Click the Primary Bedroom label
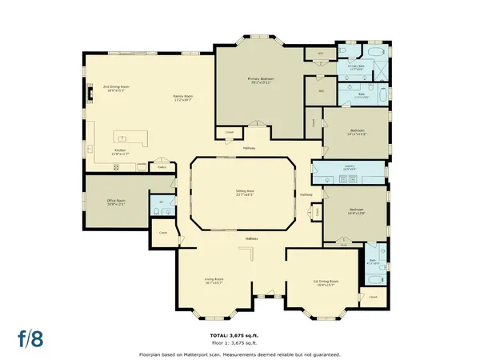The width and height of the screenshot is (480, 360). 260,81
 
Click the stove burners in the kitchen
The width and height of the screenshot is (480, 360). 116,166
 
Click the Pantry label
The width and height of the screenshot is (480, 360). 161,167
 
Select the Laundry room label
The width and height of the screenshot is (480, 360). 349,168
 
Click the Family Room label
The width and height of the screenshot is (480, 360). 183,98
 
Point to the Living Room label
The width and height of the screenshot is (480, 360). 214,281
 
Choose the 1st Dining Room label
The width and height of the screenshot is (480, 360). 326,282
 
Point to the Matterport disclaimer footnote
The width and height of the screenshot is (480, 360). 239,354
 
